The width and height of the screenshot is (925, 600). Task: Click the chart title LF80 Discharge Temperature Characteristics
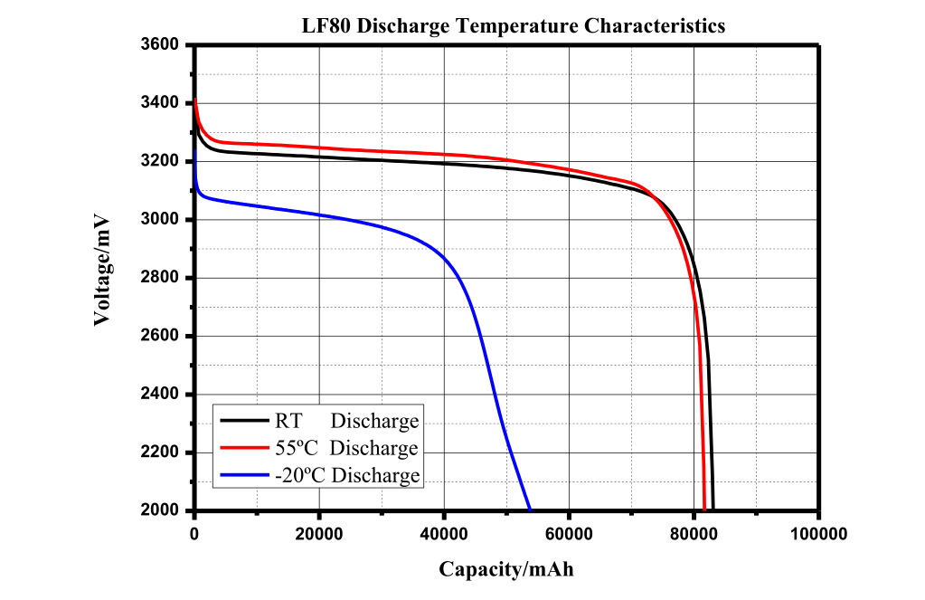513,25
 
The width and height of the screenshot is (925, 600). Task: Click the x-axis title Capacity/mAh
505,569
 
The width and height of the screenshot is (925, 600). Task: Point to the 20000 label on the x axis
319,535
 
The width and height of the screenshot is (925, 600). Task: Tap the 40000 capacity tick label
444,535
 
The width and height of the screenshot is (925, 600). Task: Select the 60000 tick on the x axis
569,535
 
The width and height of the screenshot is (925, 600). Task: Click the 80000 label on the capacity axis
694,535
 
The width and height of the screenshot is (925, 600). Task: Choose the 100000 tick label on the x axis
818,535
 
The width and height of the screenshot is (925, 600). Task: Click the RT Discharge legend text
346,421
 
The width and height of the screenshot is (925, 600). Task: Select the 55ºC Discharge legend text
346,448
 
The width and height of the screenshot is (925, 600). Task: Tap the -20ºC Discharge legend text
346,475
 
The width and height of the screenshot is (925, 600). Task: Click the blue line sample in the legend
243,475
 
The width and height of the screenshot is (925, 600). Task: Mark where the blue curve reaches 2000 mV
530,510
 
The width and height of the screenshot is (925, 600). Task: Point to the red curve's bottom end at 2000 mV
704,510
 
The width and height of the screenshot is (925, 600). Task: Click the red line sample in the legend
243,448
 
